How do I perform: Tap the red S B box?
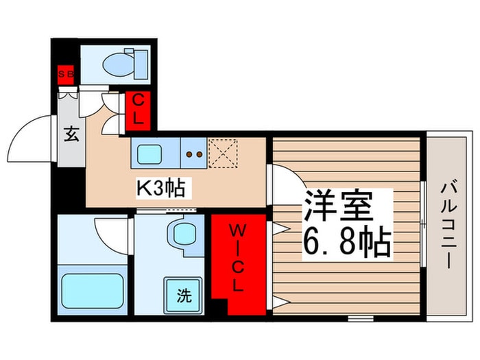[x=65, y=74]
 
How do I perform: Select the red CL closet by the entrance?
[x=138, y=109]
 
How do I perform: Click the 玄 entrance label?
[x=71, y=134]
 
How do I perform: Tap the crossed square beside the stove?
[x=222, y=152]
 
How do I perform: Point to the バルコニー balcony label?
[x=447, y=224]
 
